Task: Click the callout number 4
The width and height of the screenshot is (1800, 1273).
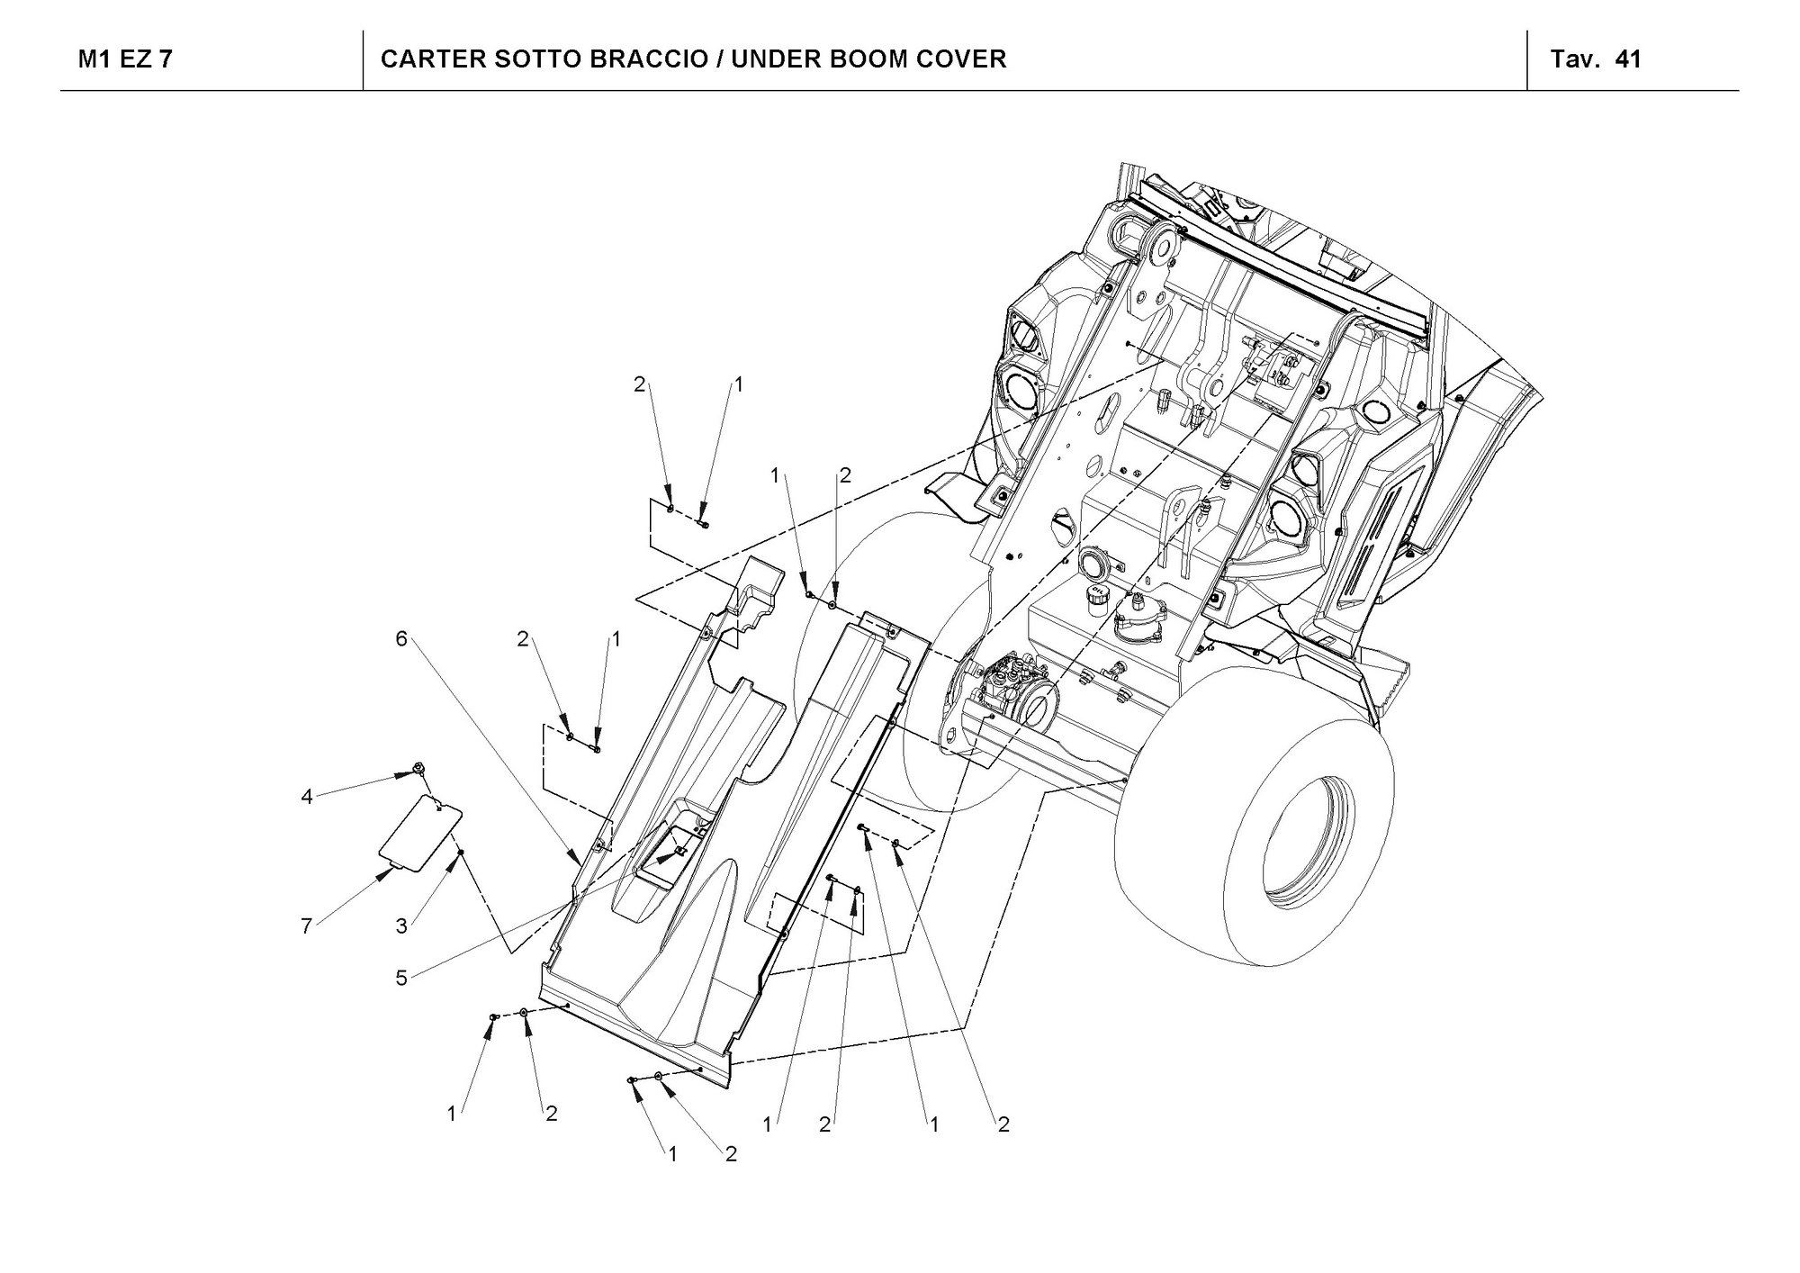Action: click(x=307, y=797)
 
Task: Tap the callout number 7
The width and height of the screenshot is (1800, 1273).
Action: click(x=307, y=925)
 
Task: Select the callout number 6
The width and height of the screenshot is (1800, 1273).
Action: click(x=401, y=638)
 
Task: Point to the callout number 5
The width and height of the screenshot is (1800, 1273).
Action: click(x=401, y=978)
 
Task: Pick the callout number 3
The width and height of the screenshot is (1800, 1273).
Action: click(x=401, y=925)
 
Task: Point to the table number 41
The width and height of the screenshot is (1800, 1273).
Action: click(x=1628, y=59)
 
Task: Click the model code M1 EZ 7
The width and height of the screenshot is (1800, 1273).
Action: click(x=126, y=59)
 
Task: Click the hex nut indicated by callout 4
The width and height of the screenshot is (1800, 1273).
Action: click(x=418, y=769)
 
